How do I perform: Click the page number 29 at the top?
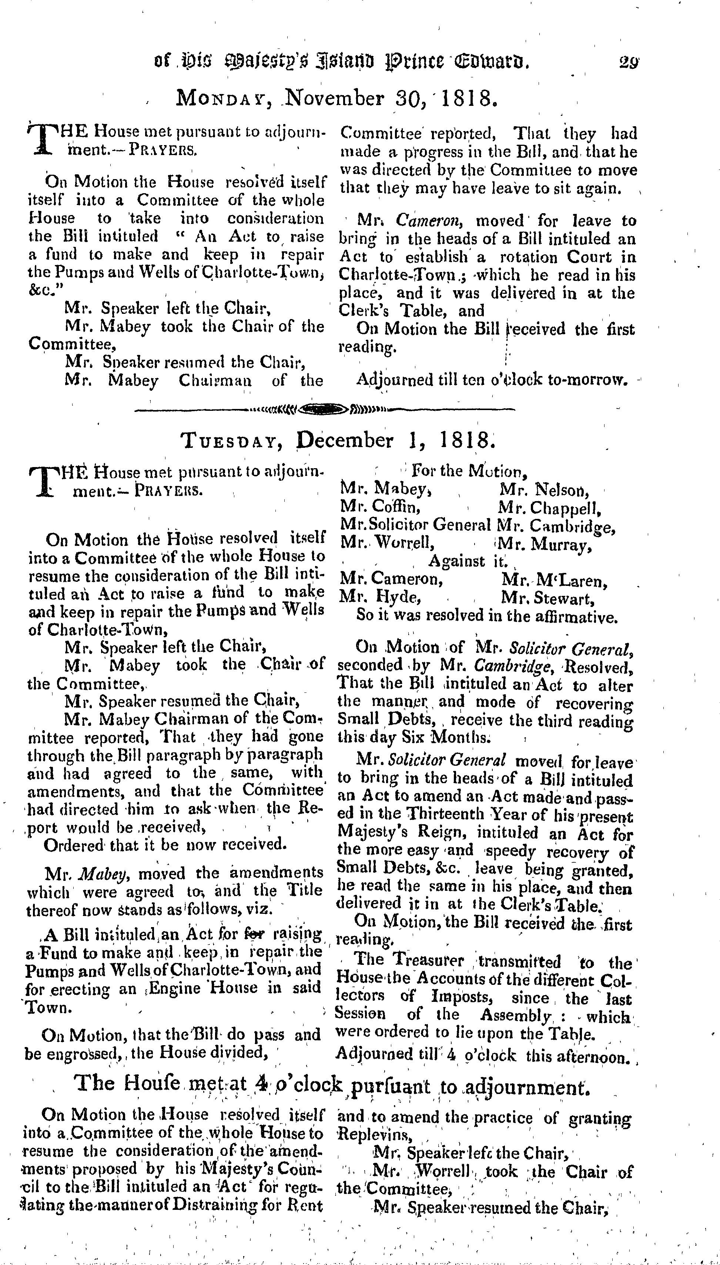629,63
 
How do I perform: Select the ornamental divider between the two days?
324,409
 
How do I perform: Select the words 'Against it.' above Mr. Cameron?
467,561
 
